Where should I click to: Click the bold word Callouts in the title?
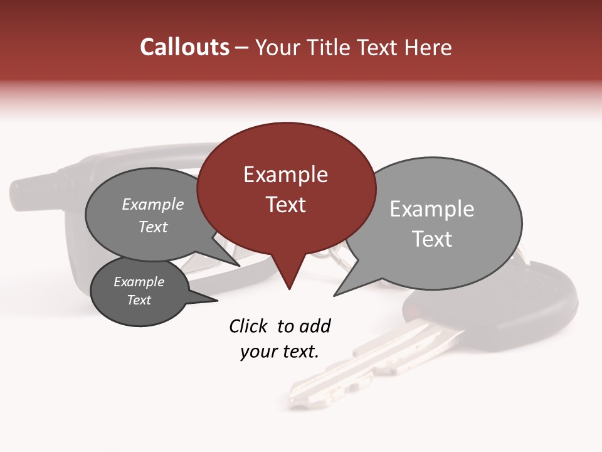pos(184,47)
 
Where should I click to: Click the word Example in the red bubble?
pos(285,175)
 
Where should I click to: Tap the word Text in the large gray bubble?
pos(432,239)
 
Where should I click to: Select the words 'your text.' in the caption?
pos(280,352)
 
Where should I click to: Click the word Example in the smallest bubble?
pos(139,282)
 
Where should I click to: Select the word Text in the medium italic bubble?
pos(153,227)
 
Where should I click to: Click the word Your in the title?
pos(278,47)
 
